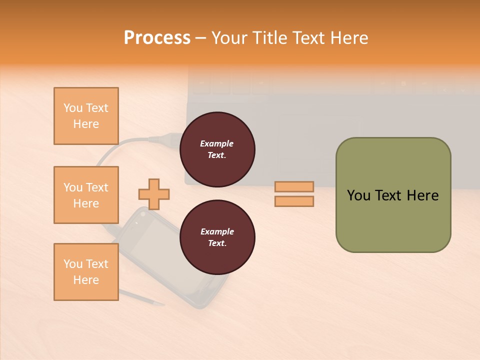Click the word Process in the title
coord(157,38)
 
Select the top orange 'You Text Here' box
coord(86,116)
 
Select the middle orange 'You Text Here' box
coord(86,195)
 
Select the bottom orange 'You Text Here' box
coord(86,272)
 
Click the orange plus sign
coord(154,194)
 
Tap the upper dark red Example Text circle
coord(217,149)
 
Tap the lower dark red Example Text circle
coord(217,237)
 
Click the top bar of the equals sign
coord(294,187)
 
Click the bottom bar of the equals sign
coord(294,201)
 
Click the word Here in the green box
coord(422,195)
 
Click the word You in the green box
coord(358,195)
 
